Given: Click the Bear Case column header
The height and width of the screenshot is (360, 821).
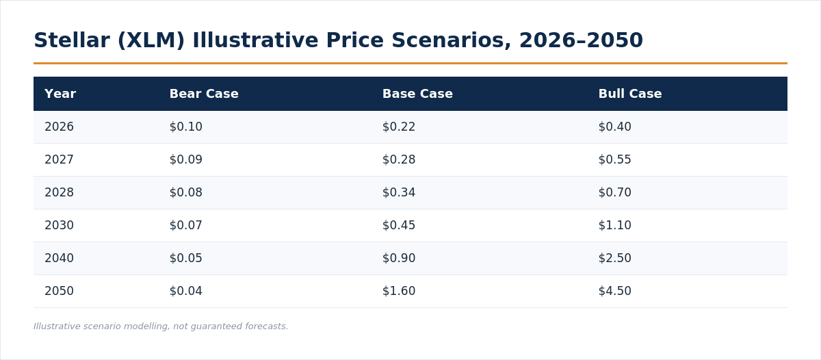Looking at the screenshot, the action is click(204, 94).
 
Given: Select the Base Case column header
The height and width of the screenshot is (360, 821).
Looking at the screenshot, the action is click(417, 94).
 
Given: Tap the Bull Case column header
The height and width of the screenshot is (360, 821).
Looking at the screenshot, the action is click(630, 94).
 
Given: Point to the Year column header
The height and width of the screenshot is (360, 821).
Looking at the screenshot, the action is click(60, 94).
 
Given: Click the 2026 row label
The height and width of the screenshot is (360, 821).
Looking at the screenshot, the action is click(59, 127).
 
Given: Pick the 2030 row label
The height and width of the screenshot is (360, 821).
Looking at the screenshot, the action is click(59, 225).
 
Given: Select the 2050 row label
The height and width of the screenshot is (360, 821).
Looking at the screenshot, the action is click(59, 291).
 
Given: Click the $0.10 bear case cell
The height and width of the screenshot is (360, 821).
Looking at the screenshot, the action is click(186, 127).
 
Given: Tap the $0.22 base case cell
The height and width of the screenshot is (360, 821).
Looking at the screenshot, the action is click(399, 127).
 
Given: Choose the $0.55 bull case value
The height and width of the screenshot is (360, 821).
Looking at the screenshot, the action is click(614, 159).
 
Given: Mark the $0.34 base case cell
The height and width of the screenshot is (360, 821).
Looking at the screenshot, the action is click(399, 192).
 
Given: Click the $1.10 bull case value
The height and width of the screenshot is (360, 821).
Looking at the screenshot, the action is click(614, 225).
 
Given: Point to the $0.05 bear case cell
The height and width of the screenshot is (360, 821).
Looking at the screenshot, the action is click(186, 258).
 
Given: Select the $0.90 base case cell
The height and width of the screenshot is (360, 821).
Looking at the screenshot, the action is click(399, 258).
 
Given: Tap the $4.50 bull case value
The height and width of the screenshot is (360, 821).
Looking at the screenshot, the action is click(614, 291).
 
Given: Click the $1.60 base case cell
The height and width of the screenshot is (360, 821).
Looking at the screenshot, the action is click(399, 291).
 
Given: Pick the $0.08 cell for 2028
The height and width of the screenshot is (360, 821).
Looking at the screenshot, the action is click(186, 192).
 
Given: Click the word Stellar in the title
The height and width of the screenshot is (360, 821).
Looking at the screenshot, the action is click(72, 40).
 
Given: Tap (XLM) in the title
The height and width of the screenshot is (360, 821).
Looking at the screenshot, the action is click(151, 40).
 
